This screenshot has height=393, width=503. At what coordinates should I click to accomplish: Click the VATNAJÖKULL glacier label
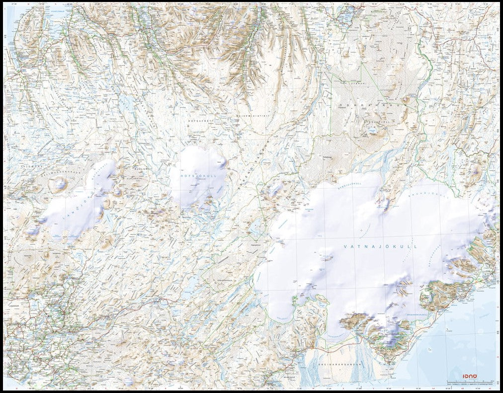[x=381, y=246]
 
